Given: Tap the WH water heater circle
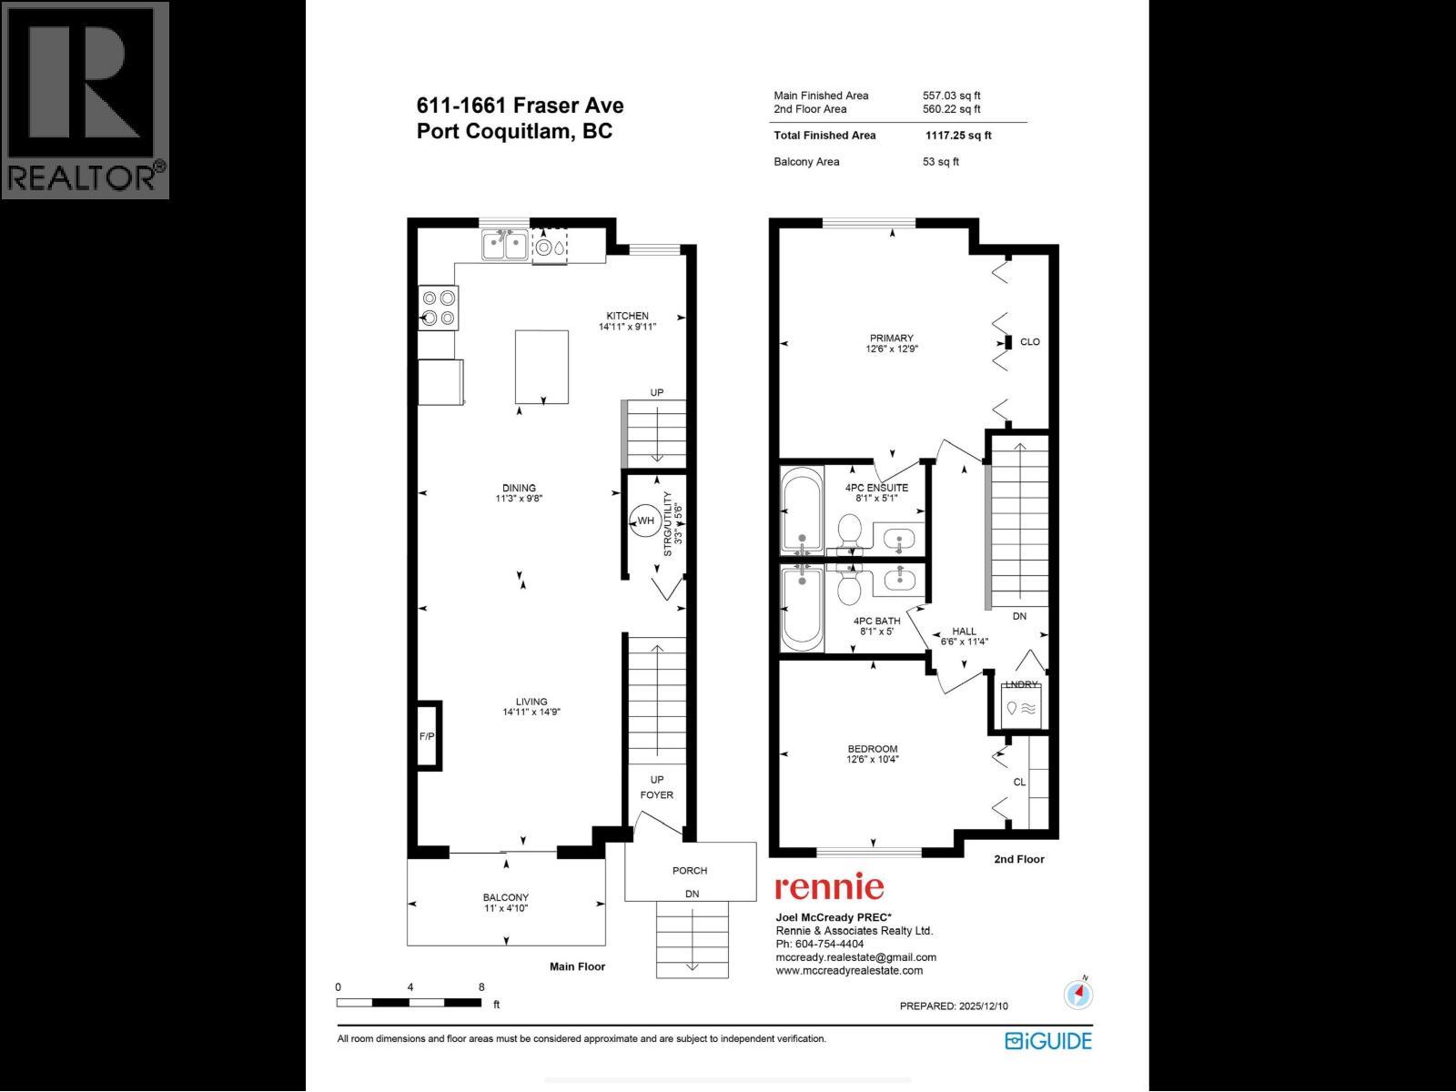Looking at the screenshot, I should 644,521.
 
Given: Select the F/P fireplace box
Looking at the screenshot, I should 427,734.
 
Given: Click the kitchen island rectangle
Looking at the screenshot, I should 541,367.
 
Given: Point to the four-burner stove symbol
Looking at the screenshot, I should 438,307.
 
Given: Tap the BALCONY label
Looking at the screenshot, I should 506,897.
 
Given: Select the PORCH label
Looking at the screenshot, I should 690,871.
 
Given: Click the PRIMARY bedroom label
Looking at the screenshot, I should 891,339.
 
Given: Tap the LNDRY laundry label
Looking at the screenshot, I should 1020,685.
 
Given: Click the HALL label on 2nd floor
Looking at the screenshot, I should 964,631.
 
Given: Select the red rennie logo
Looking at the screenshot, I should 828,886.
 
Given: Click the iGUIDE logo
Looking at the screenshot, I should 1047,1040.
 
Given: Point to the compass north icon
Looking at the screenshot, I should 1079,994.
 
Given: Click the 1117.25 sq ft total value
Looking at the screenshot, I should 958,136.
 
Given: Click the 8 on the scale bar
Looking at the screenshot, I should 480,986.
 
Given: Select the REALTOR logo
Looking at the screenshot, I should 85,99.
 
